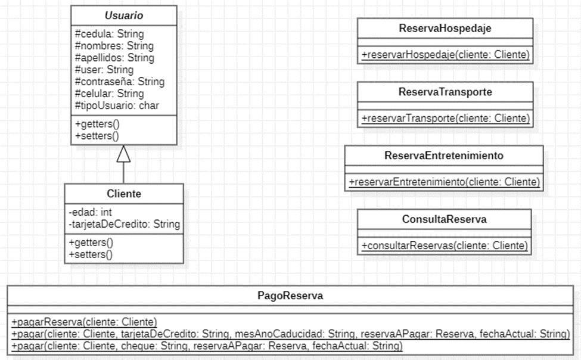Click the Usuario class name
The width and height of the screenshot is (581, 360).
point(123,14)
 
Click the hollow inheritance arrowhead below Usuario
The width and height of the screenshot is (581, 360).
point(123,154)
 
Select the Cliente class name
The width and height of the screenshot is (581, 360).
point(123,194)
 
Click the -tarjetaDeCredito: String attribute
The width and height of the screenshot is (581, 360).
point(124,224)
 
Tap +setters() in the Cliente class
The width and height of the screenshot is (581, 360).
point(91,254)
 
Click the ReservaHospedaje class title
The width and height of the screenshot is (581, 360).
point(445,29)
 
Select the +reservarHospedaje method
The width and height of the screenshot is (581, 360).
point(445,55)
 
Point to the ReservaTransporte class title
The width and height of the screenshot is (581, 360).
point(445,92)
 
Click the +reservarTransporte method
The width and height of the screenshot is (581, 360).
point(445,119)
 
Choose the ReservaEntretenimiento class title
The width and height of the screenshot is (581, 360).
point(444,156)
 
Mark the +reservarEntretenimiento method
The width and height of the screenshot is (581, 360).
point(444,182)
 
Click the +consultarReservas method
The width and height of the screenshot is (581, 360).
point(444,246)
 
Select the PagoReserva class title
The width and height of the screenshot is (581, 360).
point(290,296)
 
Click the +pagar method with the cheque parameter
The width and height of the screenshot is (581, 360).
point(207,346)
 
